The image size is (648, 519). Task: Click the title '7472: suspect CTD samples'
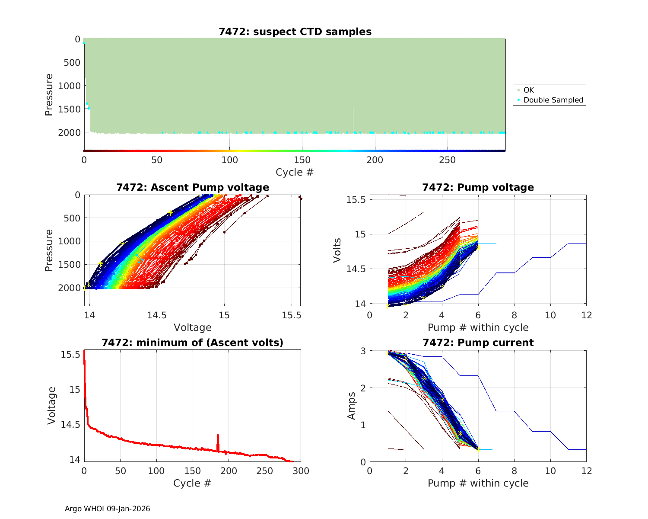click(x=295, y=32)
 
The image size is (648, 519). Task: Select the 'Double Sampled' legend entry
click(x=553, y=100)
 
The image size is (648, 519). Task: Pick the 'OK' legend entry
click(x=528, y=90)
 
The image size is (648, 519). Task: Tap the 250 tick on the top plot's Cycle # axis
click(x=447, y=160)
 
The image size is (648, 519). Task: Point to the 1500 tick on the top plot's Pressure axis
click(x=69, y=109)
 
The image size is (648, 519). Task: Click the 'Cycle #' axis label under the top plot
click(x=295, y=172)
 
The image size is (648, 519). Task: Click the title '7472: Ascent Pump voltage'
click(x=193, y=187)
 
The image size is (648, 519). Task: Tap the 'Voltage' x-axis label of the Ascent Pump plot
click(x=192, y=327)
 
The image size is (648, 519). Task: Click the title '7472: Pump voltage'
click(x=478, y=187)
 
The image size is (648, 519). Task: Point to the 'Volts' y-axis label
click(x=337, y=250)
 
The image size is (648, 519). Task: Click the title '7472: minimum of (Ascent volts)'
click(x=193, y=343)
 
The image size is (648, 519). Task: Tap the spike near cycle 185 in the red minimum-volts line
click(x=218, y=437)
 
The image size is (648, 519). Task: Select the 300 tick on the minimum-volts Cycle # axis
click(x=301, y=471)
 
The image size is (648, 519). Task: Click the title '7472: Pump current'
click(x=478, y=343)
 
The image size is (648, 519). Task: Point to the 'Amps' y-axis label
click(x=352, y=405)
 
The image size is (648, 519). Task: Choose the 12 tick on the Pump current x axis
click(x=586, y=471)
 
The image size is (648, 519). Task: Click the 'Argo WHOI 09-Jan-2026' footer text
click(x=108, y=509)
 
